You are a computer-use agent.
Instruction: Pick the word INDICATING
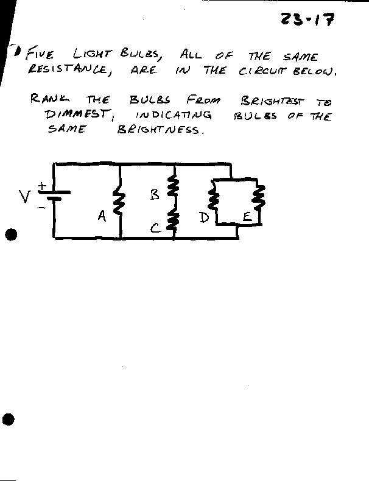(x=174, y=114)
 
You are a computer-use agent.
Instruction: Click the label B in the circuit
(x=155, y=195)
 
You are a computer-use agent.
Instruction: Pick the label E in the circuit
(x=246, y=217)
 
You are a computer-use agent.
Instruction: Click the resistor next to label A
(x=120, y=202)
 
